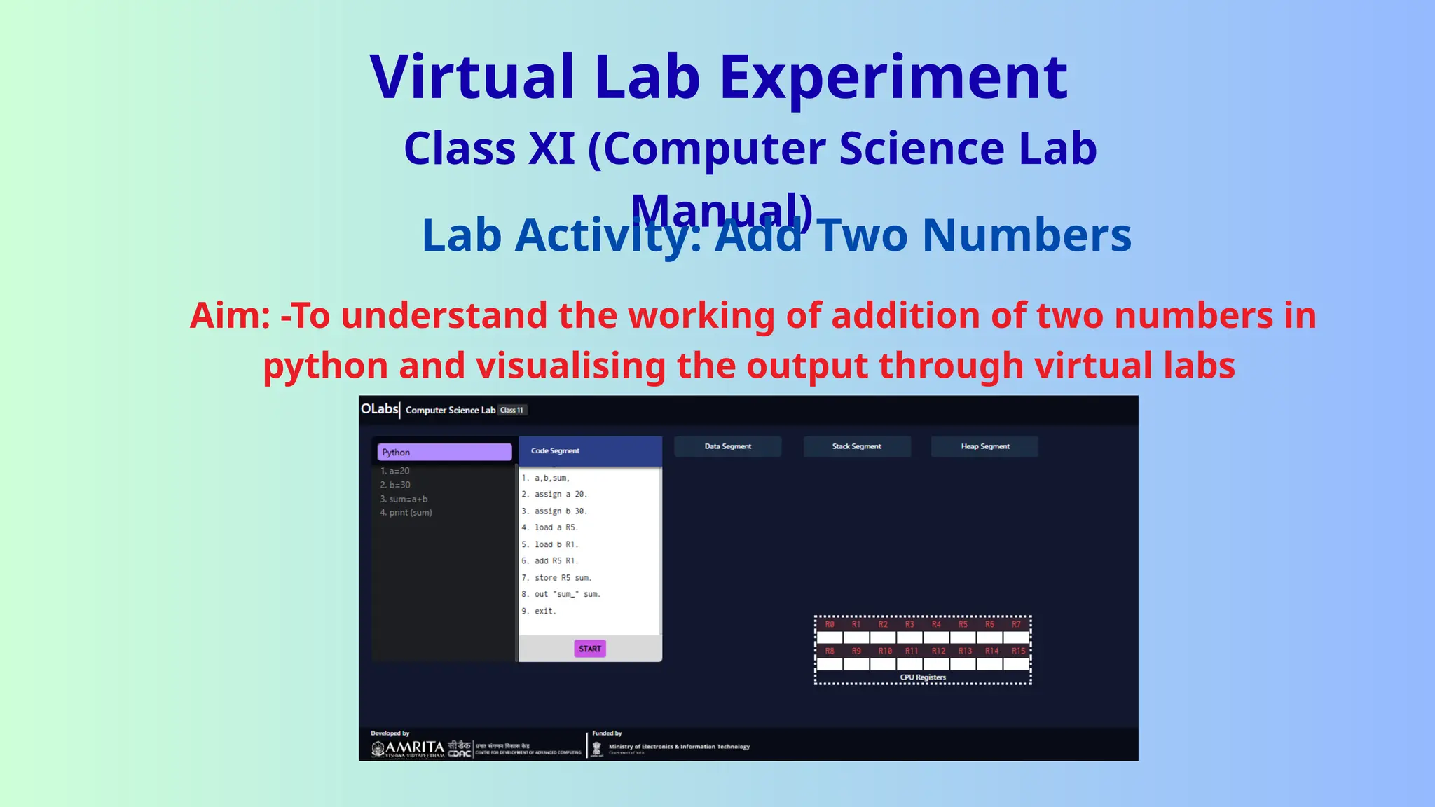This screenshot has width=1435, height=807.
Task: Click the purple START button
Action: tap(590, 649)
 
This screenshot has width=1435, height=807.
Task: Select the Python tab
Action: tap(444, 452)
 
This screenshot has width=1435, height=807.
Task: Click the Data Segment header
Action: tap(727, 446)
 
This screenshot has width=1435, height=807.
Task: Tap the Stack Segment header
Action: tap(856, 446)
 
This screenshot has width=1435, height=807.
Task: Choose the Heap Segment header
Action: tap(984, 446)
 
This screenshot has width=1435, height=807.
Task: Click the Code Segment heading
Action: tap(555, 450)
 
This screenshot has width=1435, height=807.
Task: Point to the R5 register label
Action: tap(963, 624)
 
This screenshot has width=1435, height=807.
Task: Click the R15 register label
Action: tap(1017, 651)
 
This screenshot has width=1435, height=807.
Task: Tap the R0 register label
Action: tap(830, 624)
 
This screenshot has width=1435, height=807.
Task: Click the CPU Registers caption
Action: tap(922, 677)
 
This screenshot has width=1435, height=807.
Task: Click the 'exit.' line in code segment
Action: tap(539, 611)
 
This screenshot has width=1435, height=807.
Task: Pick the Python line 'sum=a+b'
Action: tap(404, 499)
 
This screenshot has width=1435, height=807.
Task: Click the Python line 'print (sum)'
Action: tap(406, 512)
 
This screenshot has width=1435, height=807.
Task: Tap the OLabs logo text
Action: tap(379, 408)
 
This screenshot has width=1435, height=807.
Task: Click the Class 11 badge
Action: tap(511, 410)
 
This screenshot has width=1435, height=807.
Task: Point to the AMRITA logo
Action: tap(408, 748)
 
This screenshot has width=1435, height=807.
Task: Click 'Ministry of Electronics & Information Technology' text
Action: tap(679, 747)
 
